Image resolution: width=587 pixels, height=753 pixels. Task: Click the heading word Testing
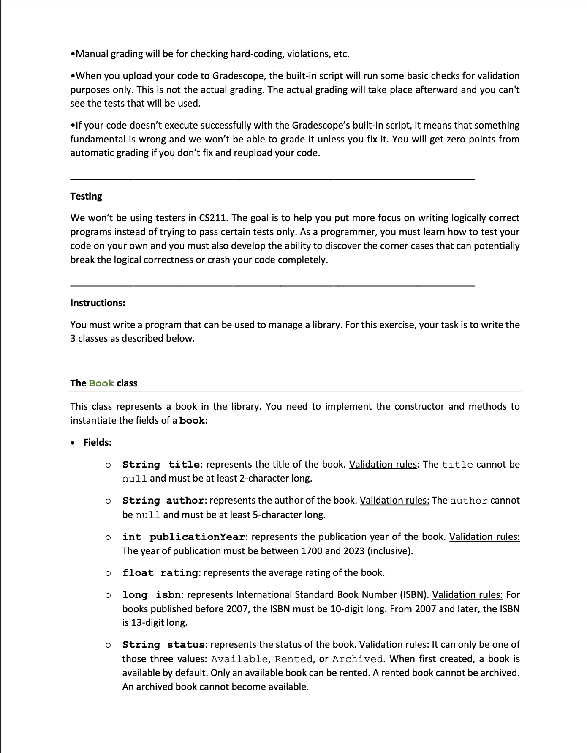point(86,197)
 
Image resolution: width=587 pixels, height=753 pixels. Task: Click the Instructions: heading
point(98,303)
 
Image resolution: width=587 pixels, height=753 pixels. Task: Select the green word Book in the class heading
point(101,383)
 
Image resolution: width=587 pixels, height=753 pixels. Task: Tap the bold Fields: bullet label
point(97,443)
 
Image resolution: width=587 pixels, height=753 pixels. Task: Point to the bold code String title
point(161,465)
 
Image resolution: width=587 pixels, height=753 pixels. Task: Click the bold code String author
point(163,501)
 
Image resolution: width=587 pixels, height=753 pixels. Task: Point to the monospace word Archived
point(357,659)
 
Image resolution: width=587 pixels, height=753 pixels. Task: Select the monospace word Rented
point(293,659)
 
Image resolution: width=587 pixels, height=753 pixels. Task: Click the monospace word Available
point(239,659)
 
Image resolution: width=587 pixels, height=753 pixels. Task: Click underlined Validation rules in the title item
point(383,465)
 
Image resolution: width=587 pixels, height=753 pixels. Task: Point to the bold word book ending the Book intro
point(192,421)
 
